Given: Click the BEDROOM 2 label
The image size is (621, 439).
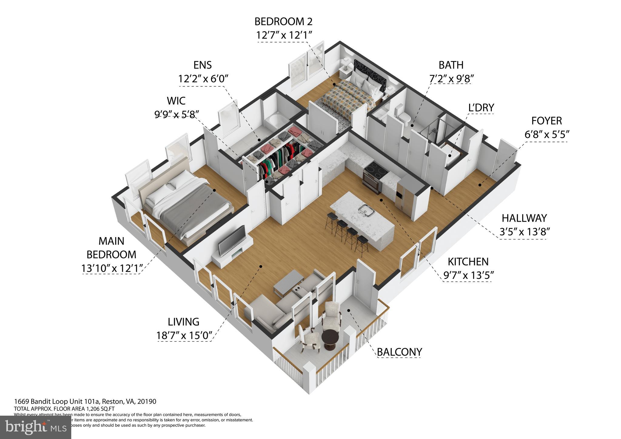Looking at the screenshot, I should [x=283, y=22].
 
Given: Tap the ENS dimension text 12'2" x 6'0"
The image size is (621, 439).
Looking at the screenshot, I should [x=203, y=79].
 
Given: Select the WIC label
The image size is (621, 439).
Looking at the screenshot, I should [x=176, y=101].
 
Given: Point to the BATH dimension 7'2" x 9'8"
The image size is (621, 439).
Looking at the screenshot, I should [x=451, y=79].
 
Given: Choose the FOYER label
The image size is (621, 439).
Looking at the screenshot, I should [x=546, y=121].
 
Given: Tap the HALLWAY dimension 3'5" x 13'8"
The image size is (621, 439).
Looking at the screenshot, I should [x=525, y=232].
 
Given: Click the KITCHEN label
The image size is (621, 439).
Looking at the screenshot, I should [x=468, y=262].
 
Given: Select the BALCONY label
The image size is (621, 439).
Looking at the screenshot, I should [x=399, y=352].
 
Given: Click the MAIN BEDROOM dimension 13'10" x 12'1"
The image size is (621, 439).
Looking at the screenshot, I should [x=111, y=268].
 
